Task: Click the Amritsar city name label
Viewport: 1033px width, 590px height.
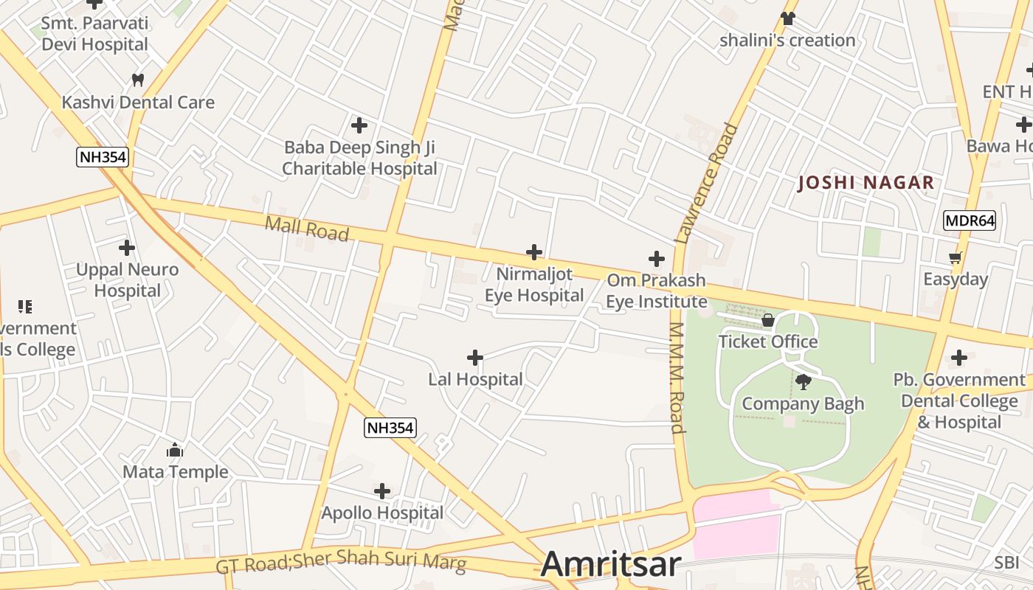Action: point(610,564)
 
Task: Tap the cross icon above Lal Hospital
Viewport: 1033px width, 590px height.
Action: point(475,358)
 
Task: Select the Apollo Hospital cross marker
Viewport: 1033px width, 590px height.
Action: point(382,491)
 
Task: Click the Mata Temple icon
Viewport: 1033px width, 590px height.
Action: point(175,450)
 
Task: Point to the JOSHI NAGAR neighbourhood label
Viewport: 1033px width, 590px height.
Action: point(866,183)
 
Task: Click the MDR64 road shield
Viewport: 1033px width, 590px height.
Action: point(970,220)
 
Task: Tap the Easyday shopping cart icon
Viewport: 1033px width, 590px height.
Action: point(956,257)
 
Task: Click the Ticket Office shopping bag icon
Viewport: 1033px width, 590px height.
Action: point(768,320)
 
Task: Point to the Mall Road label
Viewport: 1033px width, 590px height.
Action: point(306,229)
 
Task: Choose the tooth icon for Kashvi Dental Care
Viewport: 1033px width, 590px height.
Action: point(138,80)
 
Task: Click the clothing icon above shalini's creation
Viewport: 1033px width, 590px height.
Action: point(788,18)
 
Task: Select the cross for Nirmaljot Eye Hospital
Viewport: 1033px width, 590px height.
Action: point(534,252)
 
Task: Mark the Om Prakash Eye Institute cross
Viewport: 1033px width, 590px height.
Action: point(657,259)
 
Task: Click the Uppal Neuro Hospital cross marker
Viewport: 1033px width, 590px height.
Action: point(127,248)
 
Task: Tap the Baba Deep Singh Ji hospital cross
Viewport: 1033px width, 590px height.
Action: point(359,125)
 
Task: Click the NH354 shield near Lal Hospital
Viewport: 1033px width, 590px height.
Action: point(390,427)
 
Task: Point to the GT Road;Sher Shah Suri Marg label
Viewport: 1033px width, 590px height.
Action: point(341,563)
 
